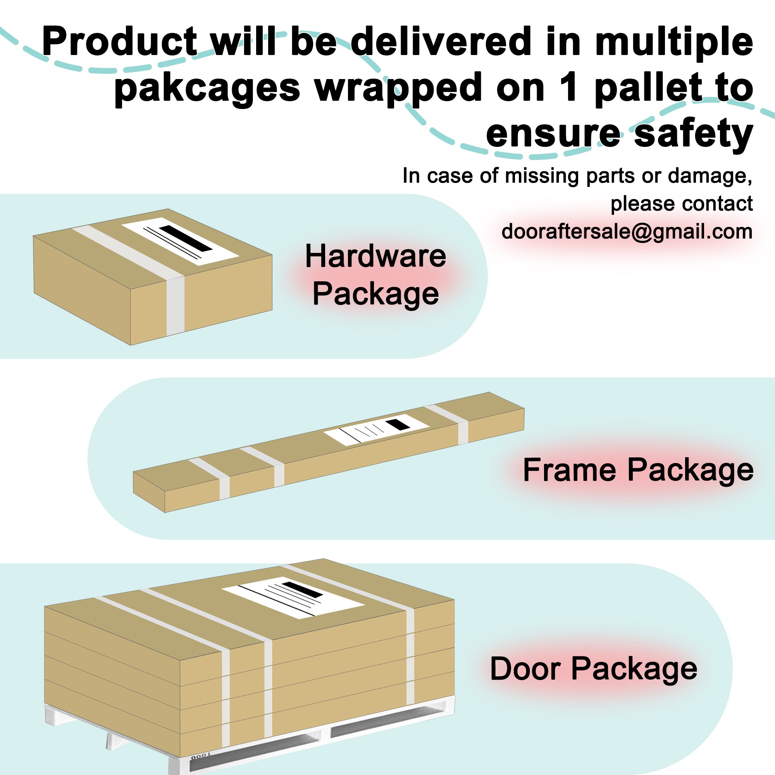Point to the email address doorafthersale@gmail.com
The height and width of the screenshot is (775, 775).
tap(627, 231)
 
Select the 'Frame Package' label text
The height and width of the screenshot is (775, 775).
tap(638, 470)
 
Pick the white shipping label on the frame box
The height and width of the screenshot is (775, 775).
tap(377, 430)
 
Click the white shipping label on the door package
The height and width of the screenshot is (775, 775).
tap(293, 597)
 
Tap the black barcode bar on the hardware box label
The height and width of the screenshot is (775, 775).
tap(186, 238)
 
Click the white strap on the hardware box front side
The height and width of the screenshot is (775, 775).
tap(175, 306)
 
